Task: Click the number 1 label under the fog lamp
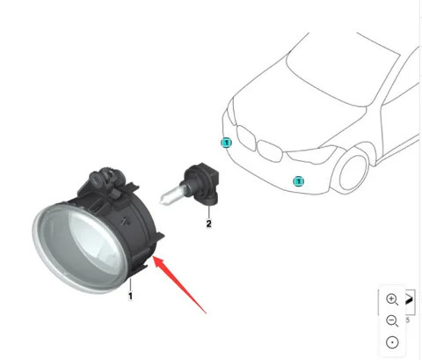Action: (x=130, y=297)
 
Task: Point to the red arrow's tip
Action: (x=154, y=258)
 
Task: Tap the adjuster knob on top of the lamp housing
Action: (x=102, y=179)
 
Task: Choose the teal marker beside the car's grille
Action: (x=225, y=142)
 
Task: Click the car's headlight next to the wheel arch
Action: (x=312, y=154)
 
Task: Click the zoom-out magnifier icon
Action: (x=391, y=320)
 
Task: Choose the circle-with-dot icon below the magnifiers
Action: (x=391, y=342)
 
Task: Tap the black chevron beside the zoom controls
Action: (x=409, y=302)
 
